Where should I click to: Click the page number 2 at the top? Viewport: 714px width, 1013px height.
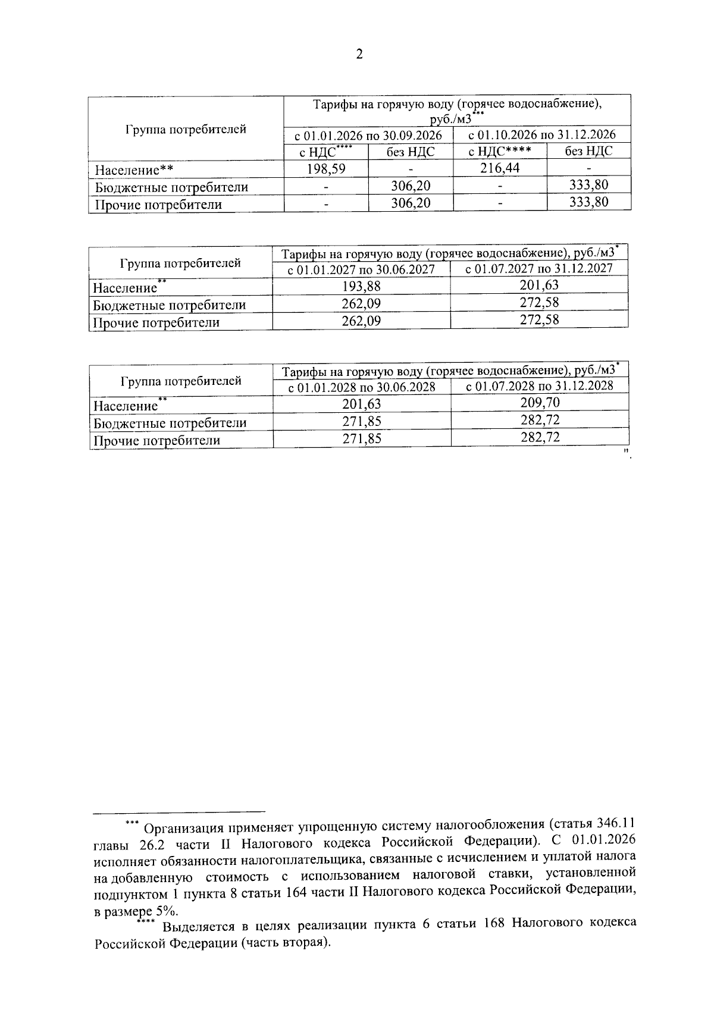click(x=358, y=55)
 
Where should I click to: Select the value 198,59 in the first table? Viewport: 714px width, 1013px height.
click(x=326, y=168)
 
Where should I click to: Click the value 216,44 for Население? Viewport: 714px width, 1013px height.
click(x=500, y=168)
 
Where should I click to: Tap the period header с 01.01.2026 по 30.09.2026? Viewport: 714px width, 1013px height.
click(x=368, y=135)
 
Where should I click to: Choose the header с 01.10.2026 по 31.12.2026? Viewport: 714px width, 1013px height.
click(x=541, y=135)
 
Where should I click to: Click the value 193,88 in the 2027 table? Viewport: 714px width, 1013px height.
click(x=361, y=287)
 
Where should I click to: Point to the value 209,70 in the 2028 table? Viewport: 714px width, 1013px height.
click(x=540, y=403)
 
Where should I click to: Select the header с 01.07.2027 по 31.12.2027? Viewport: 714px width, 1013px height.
click(x=539, y=269)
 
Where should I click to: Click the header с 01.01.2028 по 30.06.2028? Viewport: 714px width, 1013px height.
click(x=362, y=387)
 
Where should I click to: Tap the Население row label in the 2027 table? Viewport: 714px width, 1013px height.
click(x=125, y=288)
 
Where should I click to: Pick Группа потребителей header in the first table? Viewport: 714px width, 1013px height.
click(x=186, y=129)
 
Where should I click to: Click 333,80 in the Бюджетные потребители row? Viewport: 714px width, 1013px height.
click(x=588, y=185)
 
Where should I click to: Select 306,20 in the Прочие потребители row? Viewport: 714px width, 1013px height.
click(x=411, y=203)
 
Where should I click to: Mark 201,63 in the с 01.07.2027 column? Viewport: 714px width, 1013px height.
click(x=539, y=286)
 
